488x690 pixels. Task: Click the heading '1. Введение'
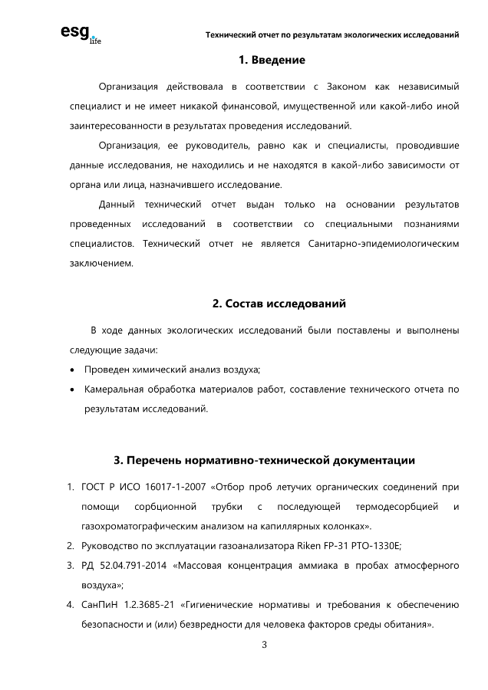click(272, 60)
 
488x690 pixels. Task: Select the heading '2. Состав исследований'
click(279, 304)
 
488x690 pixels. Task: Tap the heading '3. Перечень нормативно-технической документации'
click(264, 461)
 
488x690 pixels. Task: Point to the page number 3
click(264, 644)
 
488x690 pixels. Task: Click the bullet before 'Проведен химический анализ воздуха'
click(72, 370)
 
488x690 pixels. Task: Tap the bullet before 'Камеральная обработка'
click(72, 389)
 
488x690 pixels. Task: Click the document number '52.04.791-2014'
click(135, 566)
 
